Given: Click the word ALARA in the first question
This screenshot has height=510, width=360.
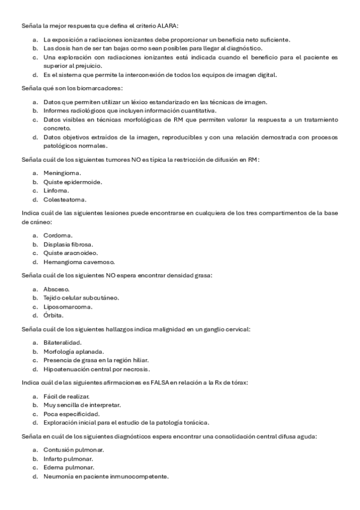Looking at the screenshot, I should coord(169,26).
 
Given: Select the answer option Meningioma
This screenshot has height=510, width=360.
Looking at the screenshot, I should coord(61,173).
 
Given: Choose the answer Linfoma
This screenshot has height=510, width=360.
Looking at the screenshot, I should coord(55,190).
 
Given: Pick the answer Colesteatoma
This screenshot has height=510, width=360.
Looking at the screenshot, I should coord(64,199).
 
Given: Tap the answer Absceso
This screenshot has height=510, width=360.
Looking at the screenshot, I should coord(56,289).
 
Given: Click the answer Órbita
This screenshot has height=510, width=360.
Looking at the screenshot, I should coord(53,316).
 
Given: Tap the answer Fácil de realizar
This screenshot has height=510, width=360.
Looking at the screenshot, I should coord(66,396).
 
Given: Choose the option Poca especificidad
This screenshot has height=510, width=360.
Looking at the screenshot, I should coord(71,414).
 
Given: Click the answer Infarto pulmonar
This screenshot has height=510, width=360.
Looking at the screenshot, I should coord(68,458).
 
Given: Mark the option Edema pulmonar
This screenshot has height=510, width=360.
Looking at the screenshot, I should coord(68,467).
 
